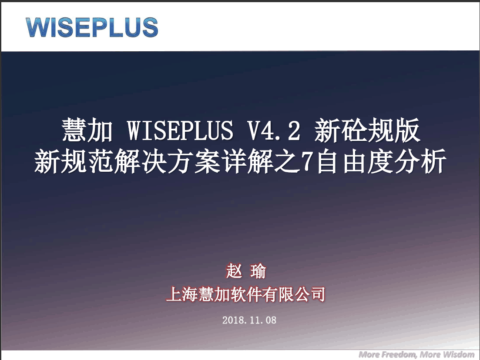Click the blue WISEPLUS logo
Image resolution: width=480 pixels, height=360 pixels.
click(92, 27)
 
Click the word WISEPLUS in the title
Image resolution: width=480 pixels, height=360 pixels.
click(180, 130)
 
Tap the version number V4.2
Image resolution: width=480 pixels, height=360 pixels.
click(273, 130)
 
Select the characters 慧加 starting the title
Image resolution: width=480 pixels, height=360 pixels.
click(87, 130)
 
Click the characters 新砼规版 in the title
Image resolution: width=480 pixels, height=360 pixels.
click(367, 130)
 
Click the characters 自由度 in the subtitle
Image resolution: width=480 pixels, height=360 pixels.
click(355, 161)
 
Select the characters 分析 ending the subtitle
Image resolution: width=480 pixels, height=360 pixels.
click(420, 161)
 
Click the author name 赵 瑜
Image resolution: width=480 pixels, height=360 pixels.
click(246, 271)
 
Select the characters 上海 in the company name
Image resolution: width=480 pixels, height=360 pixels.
click(181, 294)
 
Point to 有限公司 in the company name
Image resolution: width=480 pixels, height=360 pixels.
click(294, 294)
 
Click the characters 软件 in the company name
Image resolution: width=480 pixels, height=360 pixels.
click(246, 294)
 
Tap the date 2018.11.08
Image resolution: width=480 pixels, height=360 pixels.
click(249, 320)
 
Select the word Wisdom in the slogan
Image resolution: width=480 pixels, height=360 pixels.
click(458, 354)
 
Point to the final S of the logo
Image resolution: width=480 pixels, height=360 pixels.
click(150, 27)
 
